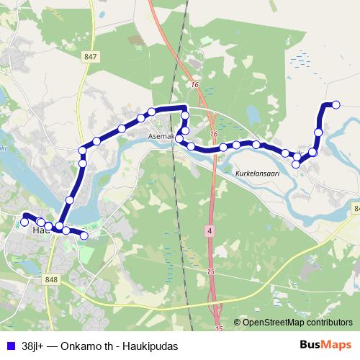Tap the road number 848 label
(x=50, y=279)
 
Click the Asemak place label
(x=161, y=135)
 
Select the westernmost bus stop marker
(x=24, y=222)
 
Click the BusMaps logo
(x=322, y=345)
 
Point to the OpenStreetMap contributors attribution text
(x=297, y=323)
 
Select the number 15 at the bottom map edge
(x=219, y=328)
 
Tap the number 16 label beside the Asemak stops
(x=213, y=134)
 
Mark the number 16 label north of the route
(x=194, y=85)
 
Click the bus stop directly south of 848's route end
(x=84, y=235)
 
